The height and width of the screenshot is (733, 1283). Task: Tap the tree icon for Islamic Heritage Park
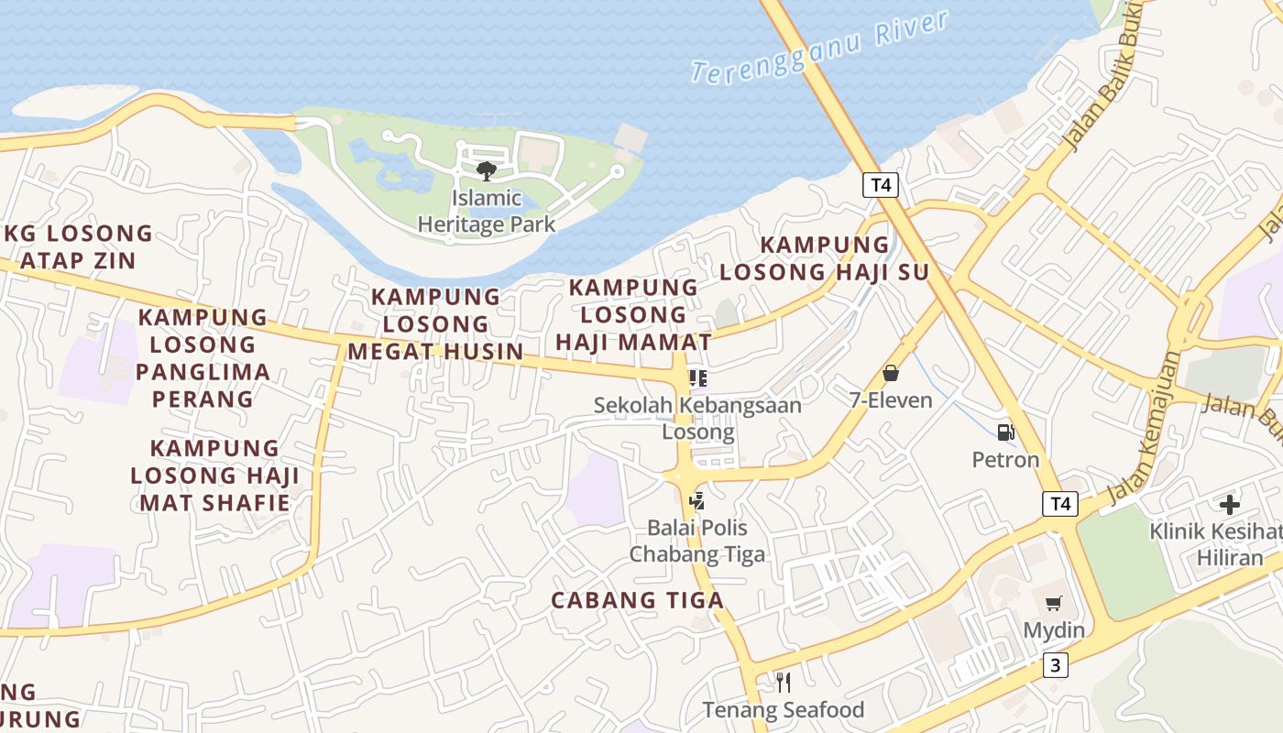(487, 170)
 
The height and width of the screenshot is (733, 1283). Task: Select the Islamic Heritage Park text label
(487, 211)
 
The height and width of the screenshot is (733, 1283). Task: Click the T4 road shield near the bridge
(881, 185)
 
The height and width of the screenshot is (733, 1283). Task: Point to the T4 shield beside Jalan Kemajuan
(1060, 503)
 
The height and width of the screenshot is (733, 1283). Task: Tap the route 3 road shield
(1055, 665)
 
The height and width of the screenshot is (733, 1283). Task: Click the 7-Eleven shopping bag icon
(890, 373)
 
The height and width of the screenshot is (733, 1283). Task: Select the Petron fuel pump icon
(1005, 432)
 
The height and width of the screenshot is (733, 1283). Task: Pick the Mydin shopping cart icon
(1054, 603)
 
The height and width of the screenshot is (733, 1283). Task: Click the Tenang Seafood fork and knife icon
(783, 682)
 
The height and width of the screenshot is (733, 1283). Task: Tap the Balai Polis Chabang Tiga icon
(697, 500)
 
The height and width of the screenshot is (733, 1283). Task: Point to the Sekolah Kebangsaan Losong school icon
(698, 377)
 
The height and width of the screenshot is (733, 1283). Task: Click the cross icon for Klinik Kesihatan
(1229, 504)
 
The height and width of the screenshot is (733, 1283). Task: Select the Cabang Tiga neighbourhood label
(637, 600)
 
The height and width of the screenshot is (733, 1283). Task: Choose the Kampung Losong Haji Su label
(824, 258)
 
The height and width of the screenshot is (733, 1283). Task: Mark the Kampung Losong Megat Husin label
(435, 323)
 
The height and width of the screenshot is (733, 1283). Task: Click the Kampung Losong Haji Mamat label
(633, 314)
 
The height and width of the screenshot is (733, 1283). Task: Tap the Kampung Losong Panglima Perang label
(203, 357)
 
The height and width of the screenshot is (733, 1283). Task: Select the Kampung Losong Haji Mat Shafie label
(214, 475)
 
